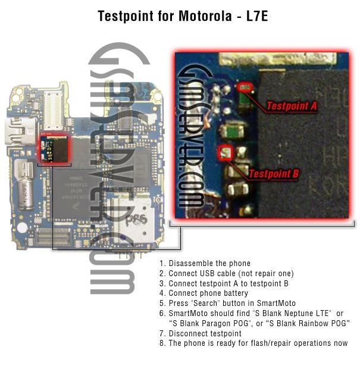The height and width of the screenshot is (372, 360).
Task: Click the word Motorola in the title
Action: (x=205, y=16)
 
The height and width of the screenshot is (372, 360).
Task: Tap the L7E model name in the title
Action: (x=257, y=16)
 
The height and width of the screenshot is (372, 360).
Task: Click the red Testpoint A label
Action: (x=292, y=106)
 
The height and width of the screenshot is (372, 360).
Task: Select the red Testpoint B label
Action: (x=274, y=174)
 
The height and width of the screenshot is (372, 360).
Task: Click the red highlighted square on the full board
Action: (x=54, y=149)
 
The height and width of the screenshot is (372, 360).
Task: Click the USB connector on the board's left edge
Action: (x=20, y=131)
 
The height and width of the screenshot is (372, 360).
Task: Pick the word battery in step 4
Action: (x=236, y=293)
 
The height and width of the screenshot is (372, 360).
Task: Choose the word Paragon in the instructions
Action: (x=216, y=324)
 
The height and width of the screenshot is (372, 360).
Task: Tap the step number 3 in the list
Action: (x=162, y=283)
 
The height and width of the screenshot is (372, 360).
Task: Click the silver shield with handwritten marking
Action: (x=132, y=220)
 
